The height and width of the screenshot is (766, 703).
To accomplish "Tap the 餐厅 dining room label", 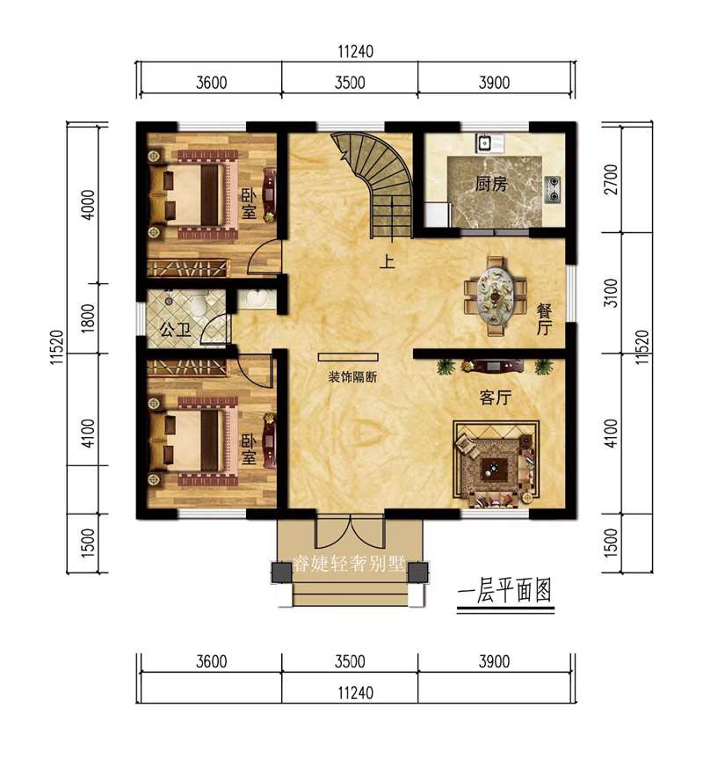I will tap(544, 318).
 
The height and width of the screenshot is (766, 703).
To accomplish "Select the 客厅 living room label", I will tap(496, 398).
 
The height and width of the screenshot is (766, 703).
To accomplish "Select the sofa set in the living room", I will tap(494, 463).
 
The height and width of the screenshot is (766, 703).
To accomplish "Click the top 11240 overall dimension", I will tap(355, 53).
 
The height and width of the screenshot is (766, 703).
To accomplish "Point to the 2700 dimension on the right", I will tap(612, 179).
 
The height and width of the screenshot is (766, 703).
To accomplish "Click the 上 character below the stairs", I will tap(386, 261).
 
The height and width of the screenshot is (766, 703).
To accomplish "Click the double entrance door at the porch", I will tap(350, 534).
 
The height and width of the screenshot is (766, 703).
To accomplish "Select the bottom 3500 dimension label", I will tap(350, 661).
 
